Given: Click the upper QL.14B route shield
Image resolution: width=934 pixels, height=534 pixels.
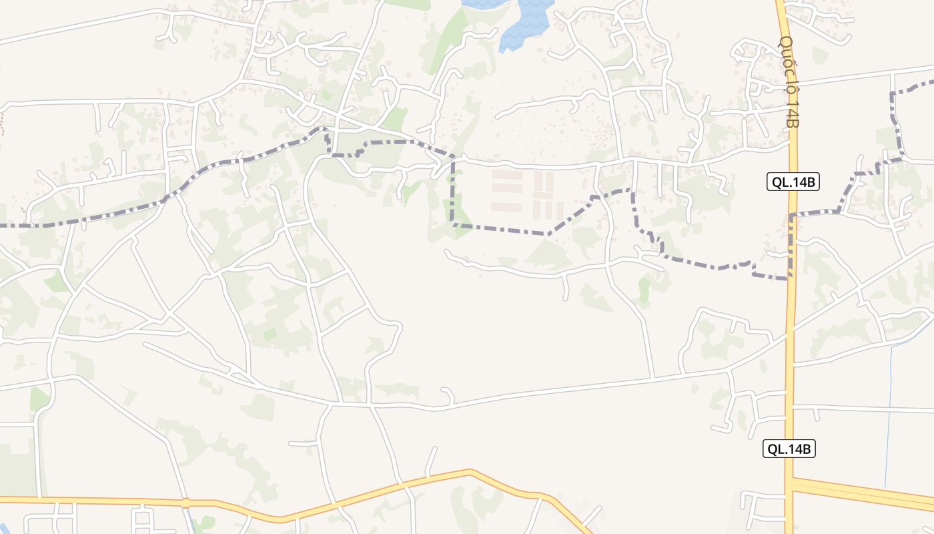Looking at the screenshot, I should click(x=793, y=182).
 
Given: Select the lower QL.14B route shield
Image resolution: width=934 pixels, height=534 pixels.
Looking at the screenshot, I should click(x=789, y=449).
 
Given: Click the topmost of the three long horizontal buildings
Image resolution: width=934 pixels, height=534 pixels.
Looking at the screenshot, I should click(x=507, y=174).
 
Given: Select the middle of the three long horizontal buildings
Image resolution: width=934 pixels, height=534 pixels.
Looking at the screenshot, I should click(x=507, y=188).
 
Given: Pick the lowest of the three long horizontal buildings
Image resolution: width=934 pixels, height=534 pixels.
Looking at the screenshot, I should click(x=507, y=206).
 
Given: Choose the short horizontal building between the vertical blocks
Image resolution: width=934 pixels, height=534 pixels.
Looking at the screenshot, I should click(x=543, y=196).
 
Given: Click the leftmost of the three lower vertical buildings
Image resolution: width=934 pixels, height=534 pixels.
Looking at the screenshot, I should click(x=536, y=210).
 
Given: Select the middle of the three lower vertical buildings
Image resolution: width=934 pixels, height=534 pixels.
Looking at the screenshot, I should click(x=548, y=210).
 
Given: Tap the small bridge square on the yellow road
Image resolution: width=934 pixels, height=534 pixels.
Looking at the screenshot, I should click(x=186, y=503).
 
